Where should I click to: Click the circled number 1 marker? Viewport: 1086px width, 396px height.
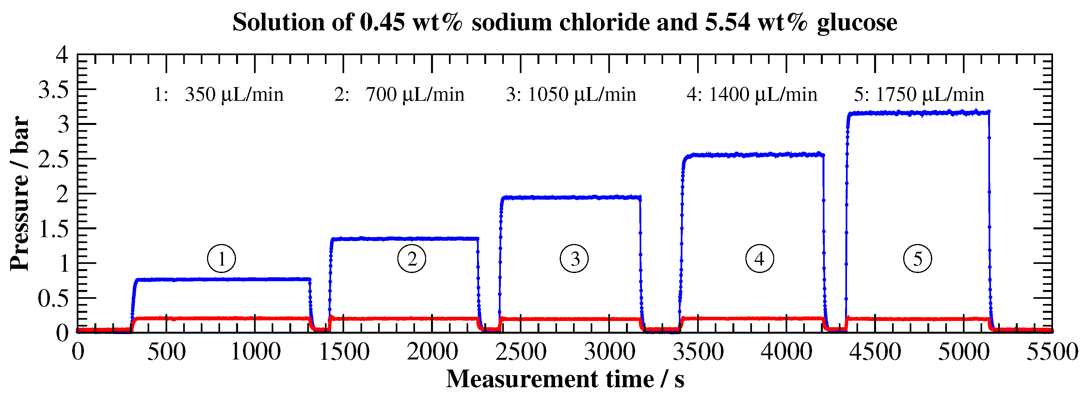[221, 259]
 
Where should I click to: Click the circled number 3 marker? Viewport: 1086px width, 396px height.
[574, 259]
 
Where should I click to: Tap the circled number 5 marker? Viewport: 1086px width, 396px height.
[918, 259]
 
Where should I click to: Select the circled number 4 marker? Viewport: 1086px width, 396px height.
[759, 259]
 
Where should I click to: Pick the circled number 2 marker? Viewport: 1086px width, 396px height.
[411, 259]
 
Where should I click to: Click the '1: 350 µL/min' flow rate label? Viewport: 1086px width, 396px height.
[218, 94]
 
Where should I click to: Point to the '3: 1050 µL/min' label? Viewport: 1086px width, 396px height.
[571, 94]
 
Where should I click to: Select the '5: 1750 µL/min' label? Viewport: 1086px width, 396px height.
[919, 94]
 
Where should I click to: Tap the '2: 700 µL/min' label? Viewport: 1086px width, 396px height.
[399, 94]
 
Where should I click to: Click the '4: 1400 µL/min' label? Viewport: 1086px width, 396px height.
[752, 94]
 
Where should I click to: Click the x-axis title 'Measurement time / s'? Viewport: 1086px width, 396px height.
[565, 379]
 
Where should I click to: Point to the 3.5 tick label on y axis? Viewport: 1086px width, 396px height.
[53, 90]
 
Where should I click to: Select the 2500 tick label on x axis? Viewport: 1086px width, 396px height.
[521, 351]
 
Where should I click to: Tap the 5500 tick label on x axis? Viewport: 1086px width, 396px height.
[1051, 351]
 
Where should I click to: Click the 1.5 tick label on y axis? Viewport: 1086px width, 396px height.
[53, 229]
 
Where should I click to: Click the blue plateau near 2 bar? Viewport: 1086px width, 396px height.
[571, 197]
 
